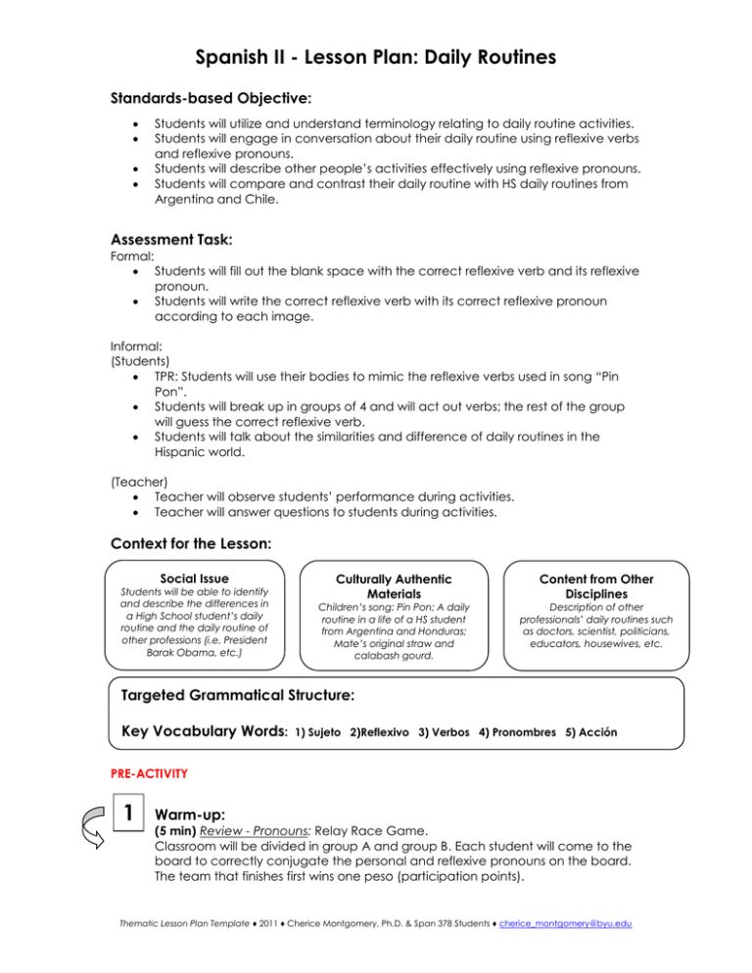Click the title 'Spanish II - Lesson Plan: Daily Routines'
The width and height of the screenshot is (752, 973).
coord(375,58)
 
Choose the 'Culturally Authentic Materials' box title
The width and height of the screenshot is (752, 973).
coord(376,586)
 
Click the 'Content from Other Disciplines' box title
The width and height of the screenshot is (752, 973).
coord(596,586)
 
